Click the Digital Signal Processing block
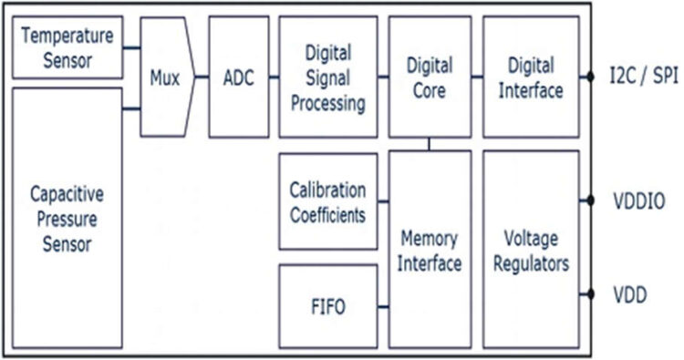coord(328,77)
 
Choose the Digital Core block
coord(430,77)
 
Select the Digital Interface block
coord(531,77)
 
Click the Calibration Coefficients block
coord(328,202)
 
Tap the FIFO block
coord(328,306)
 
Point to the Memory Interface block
coord(430,250)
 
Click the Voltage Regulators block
coord(531,250)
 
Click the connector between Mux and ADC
coord(202,77)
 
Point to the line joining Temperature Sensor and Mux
coord(131,48)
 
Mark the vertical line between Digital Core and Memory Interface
coord(430,144)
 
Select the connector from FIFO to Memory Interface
coord(383,306)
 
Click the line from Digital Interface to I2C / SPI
coord(588,77)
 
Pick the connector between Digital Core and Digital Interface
coord(477,77)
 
